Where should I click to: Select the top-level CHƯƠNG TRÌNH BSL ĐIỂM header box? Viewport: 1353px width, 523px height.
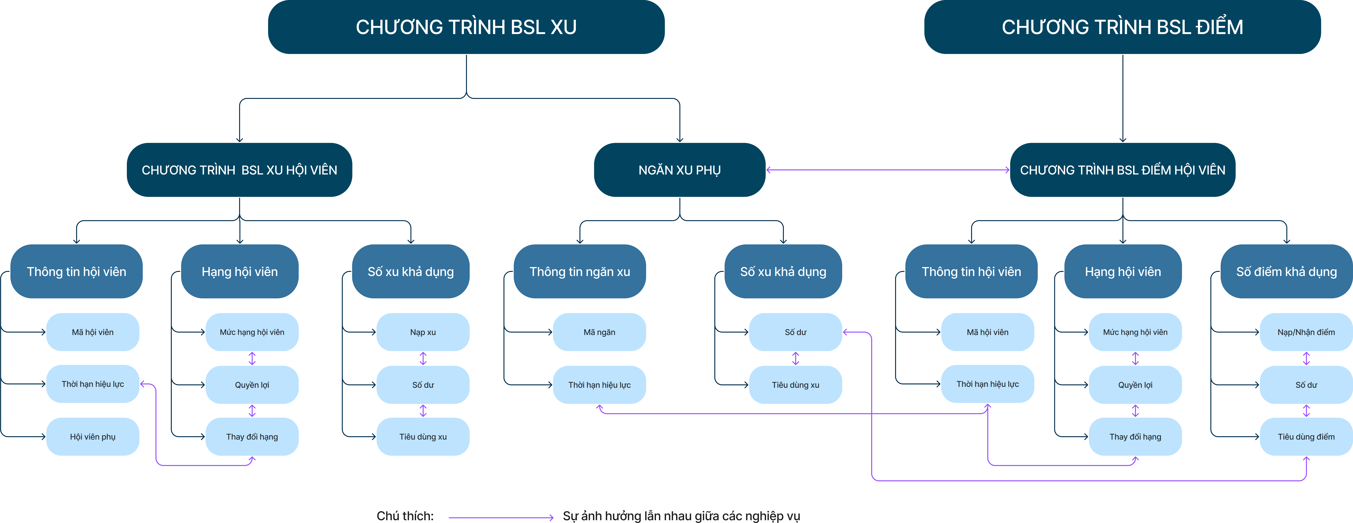(1122, 27)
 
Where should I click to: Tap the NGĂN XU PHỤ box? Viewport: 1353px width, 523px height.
(680, 170)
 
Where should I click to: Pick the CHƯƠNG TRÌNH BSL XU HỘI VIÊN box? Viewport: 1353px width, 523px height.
(239, 170)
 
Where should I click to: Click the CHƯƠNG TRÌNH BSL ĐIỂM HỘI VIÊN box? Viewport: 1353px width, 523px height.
(1122, 170)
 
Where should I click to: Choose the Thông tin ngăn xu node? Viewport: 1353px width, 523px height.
(580, 271)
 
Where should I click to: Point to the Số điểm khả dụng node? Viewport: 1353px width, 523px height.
(1286, 271)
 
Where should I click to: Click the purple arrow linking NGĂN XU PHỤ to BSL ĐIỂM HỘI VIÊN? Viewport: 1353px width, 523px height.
(888, 170)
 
